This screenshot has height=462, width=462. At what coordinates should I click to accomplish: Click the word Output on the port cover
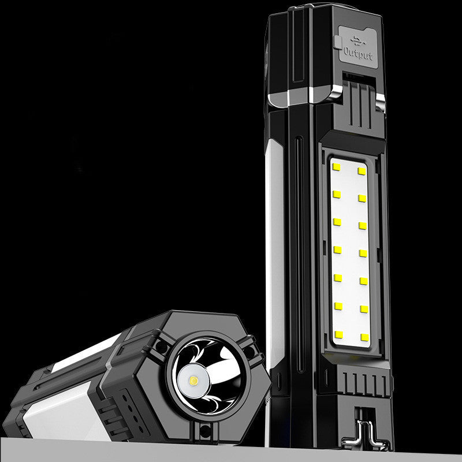358,54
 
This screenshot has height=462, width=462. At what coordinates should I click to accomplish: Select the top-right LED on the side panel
362,171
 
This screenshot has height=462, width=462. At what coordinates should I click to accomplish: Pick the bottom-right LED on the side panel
364,337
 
